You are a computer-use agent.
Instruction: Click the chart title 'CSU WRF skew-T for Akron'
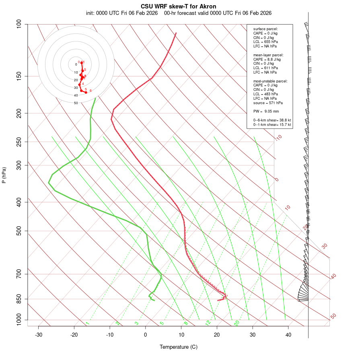point(178,6)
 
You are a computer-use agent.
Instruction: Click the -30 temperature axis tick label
point(39,335)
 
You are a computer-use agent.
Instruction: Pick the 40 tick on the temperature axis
point(288,335)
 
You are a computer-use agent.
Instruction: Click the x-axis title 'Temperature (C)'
point(179,347)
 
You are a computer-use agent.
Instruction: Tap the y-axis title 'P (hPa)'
point(4,175)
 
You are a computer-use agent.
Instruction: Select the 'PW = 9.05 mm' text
point(266,111)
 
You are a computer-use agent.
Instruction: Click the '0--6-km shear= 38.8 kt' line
point(272,120)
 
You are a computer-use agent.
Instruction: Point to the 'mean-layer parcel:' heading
point(268,55)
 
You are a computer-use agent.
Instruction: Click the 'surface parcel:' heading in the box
point(265,29)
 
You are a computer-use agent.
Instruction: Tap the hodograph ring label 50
point(76,103)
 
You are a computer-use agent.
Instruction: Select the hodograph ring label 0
point(76,64)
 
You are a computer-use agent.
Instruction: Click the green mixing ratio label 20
point(237,323)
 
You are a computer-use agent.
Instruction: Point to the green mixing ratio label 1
point(87,323)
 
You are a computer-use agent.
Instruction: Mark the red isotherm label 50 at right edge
point(333,317)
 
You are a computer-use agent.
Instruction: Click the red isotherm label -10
point(278,138)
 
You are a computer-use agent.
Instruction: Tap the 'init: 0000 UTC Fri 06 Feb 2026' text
point(121,13)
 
